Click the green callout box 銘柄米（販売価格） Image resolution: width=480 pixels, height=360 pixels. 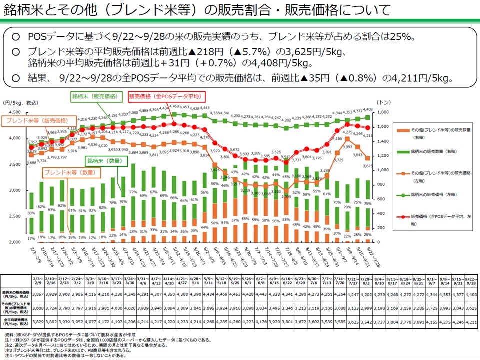(94, 96)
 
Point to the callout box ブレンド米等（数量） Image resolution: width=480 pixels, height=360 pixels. (70, 172)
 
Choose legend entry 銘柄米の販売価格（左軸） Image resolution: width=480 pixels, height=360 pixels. (434, 193)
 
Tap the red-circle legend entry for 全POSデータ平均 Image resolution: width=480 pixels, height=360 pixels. (434, 220)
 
